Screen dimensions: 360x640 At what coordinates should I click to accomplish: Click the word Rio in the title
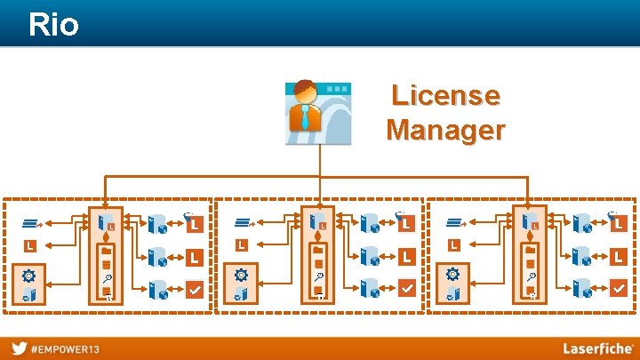(53, 24)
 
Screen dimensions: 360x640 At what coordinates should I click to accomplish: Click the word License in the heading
(445, 95)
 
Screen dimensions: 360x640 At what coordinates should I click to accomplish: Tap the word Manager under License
(445, 130)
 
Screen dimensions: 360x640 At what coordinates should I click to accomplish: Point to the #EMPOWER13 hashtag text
(66, 348)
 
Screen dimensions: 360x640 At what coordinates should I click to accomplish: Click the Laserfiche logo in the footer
(596, 348)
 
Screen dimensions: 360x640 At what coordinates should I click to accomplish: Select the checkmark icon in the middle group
(406, 288)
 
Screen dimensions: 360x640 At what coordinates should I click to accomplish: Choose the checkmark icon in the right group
(619, 288)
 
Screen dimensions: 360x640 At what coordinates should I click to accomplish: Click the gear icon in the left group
(28, 276)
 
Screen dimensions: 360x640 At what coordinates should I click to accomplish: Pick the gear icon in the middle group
(240, 276)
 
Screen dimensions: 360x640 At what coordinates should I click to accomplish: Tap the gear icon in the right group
(452, 276)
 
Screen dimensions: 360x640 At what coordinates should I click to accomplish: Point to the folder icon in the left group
(106, 252)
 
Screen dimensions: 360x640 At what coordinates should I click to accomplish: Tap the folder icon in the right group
(530, 252)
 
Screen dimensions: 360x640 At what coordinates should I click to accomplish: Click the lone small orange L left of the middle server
(241, 244)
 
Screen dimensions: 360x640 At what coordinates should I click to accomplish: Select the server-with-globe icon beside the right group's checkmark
(583, 288)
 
